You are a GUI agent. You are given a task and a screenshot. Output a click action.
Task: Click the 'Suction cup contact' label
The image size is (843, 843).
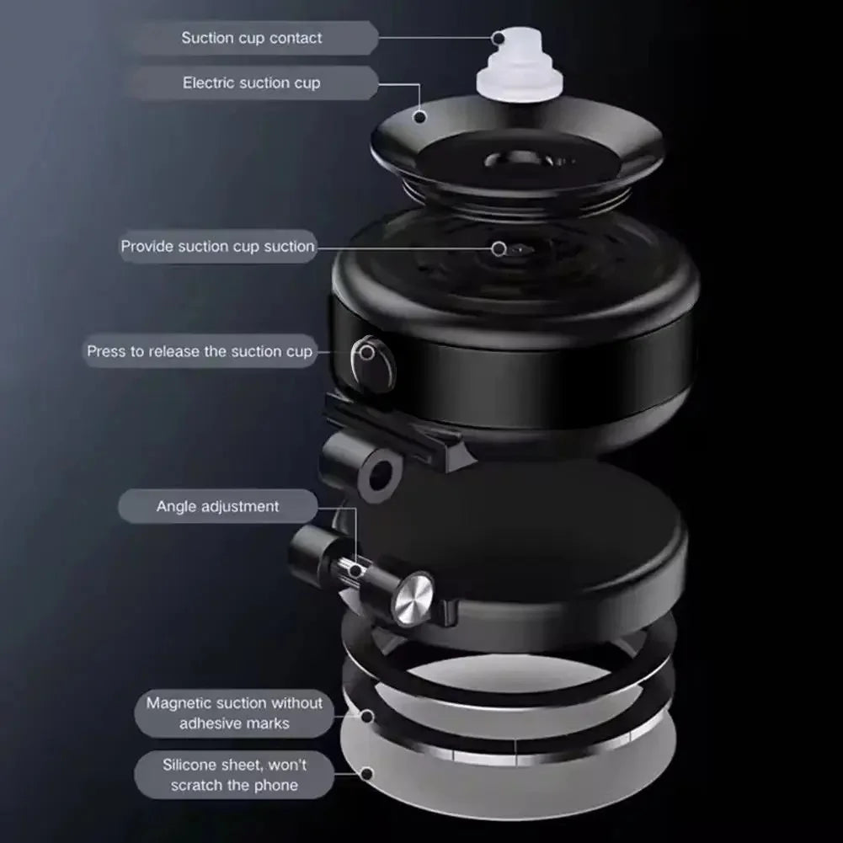point(252,38)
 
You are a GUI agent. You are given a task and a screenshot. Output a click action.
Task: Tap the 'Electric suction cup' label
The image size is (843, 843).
point(252,83)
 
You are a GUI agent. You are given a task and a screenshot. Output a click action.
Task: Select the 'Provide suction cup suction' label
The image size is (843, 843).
point(218,246)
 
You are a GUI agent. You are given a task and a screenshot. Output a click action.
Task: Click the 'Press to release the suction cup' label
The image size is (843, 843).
point(200,351)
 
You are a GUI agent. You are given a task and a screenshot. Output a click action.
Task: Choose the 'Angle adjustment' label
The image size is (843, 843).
point(218,506)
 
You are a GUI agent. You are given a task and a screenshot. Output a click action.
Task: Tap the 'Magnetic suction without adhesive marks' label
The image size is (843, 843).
point(234,713)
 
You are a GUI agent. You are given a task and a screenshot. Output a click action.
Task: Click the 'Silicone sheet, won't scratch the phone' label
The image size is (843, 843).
point(234,775)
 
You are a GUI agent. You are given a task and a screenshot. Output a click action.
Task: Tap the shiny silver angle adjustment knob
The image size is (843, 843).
point(413,599)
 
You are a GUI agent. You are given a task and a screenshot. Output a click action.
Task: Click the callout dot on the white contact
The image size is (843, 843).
point(499,38)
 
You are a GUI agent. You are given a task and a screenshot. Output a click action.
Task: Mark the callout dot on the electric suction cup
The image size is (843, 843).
point(420,117)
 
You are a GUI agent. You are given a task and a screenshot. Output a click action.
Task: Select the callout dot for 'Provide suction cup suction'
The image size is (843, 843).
point(499,248)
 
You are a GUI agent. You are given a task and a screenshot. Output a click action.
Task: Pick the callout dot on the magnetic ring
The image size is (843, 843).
point(367,716)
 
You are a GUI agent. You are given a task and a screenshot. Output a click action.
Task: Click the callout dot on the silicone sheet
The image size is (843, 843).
point(367,774)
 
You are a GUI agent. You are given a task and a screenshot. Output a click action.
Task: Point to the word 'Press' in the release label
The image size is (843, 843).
point(106,351)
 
